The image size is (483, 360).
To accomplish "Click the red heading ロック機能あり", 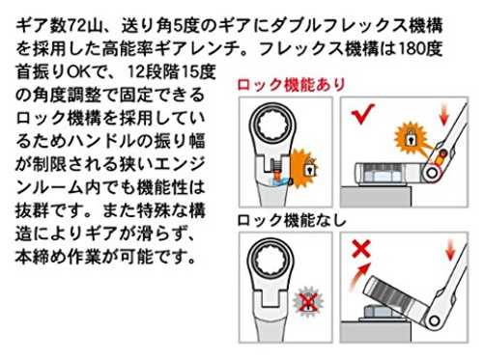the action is (292, 85).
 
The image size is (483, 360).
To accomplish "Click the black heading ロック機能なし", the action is (292, 220).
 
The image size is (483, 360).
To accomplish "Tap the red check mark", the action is (362, 114).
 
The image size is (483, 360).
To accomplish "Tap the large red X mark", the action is (361, 250).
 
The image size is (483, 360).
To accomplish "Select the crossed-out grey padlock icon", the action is (308, 301).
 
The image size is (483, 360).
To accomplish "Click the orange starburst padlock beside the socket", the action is (411, 138).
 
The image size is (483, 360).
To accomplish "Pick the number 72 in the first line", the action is (76, 26).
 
